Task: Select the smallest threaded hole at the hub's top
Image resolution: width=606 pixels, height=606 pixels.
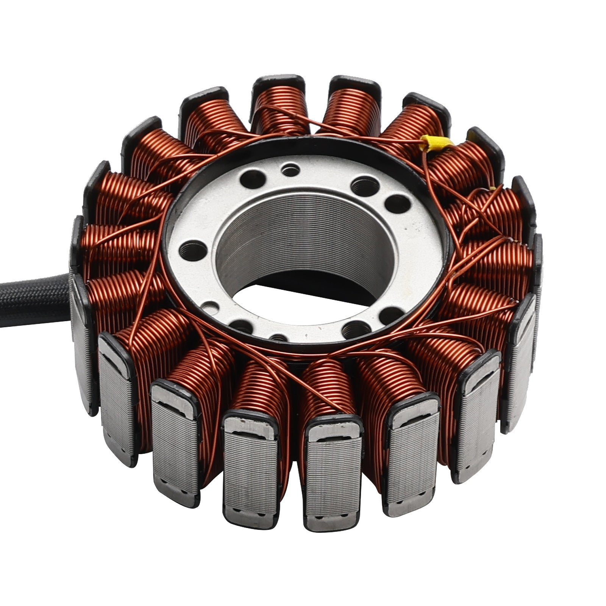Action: pos(291,169)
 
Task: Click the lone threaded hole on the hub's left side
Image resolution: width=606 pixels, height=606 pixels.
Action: pos(192,250)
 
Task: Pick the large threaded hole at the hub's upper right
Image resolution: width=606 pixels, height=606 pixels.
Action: pos(365,186)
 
